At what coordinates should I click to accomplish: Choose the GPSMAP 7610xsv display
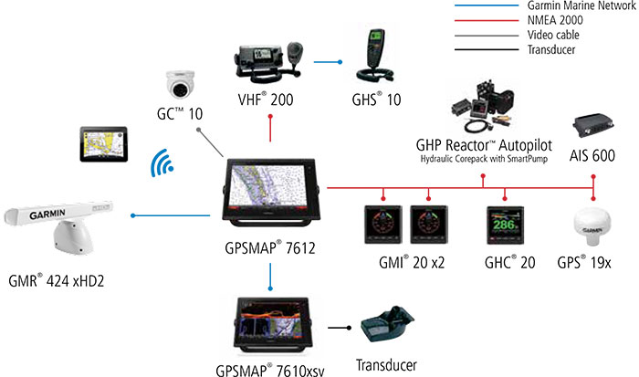(x=270, y=321)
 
